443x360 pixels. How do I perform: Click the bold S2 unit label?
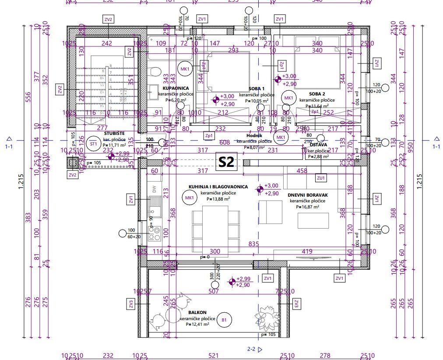tap(227, 162)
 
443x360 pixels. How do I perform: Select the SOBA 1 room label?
tap(257, 88)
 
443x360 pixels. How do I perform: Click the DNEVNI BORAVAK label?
tap(308, 195)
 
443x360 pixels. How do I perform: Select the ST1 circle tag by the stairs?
tap(93, 144)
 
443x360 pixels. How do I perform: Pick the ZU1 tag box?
tap(321, 178)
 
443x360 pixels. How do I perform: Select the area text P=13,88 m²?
tap(218, 199)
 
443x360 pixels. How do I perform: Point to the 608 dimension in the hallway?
tap(224, 142)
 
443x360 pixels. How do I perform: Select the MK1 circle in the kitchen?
tap(190, 198)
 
